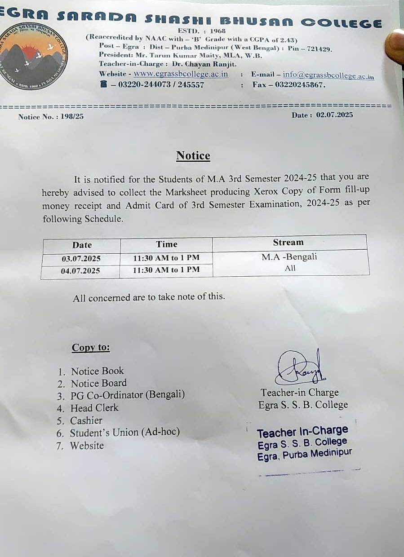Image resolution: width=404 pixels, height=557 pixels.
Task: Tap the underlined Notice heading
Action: coord(193,156)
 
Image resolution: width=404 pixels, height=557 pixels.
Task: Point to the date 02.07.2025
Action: coord(334,115)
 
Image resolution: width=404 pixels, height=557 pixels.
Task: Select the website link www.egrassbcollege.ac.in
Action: coord(181,74)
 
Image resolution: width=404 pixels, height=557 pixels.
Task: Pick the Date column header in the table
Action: coord(82,245)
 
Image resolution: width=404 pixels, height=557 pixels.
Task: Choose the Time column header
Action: coord(167,244)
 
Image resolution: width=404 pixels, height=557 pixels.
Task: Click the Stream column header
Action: coord(288,243)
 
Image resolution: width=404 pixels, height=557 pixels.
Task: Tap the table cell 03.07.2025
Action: coord(81,259)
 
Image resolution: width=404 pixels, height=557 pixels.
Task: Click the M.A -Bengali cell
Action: coord(289,257)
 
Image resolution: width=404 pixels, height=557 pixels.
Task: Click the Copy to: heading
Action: coord(91,348)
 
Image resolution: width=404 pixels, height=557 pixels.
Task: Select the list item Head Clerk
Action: coord(94,408)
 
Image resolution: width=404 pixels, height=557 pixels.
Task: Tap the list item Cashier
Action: coord(86,420)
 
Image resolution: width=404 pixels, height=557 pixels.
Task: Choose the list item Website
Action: coord(87,446)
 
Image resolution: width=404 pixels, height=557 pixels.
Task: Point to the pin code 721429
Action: coord(319,49)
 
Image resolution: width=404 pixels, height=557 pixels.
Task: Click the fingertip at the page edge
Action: coord(396,45)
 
